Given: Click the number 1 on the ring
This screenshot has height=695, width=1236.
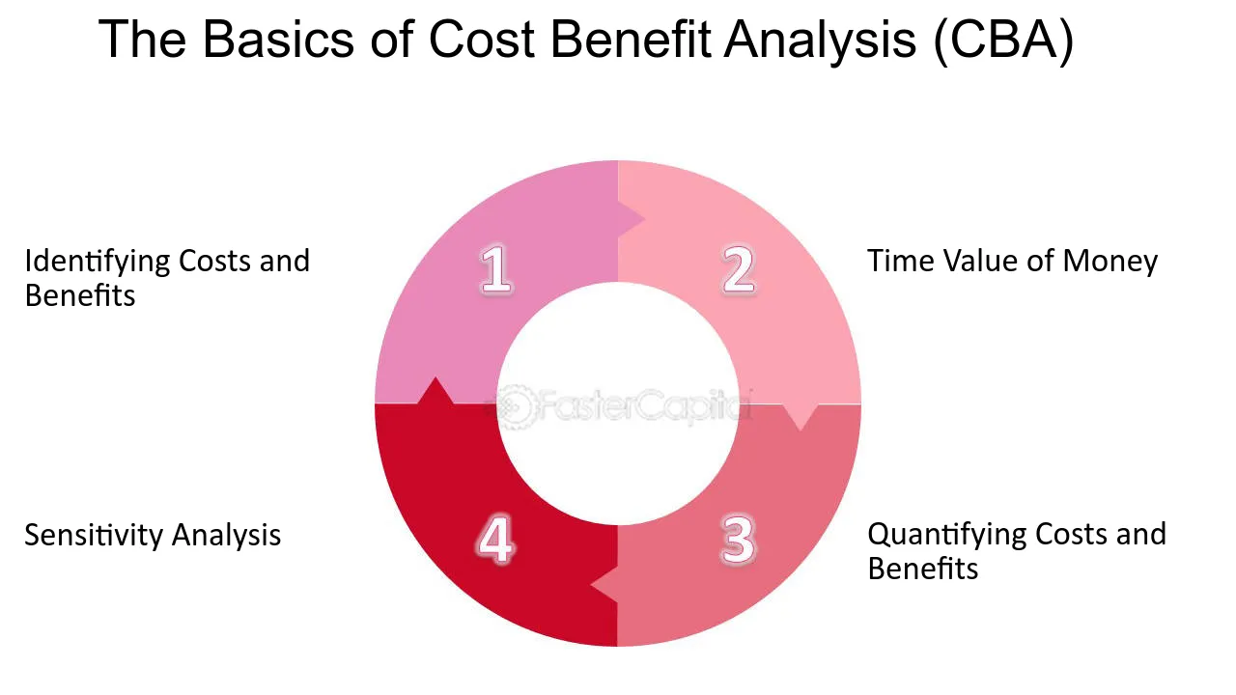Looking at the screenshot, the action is point(496,269).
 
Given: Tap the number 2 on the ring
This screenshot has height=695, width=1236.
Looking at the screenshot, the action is point(739,269).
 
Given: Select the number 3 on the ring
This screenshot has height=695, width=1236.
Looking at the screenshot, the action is point(738,540).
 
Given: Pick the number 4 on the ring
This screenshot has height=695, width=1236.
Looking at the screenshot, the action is point(495,540).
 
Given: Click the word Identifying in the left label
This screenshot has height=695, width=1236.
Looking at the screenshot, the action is point(98,262).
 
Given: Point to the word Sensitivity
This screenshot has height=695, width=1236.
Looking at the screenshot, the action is point(93,535).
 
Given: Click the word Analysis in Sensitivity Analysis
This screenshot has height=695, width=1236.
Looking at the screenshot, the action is point(226,535).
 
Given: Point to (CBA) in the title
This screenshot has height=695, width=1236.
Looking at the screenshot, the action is point(1003,40).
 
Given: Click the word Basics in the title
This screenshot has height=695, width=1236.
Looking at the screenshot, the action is point(278,40).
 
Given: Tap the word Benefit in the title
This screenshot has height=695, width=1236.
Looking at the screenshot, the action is point(631,40).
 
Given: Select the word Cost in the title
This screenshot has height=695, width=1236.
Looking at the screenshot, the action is point(482,40).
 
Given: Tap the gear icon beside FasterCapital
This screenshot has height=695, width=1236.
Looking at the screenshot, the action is point(515,407).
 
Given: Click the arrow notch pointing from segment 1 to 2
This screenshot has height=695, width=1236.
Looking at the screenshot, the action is point(631,219).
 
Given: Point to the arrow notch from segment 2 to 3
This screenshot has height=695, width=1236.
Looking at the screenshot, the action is point(801,417).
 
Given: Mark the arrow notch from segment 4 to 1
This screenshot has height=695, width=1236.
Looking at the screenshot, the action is point(435,391).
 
